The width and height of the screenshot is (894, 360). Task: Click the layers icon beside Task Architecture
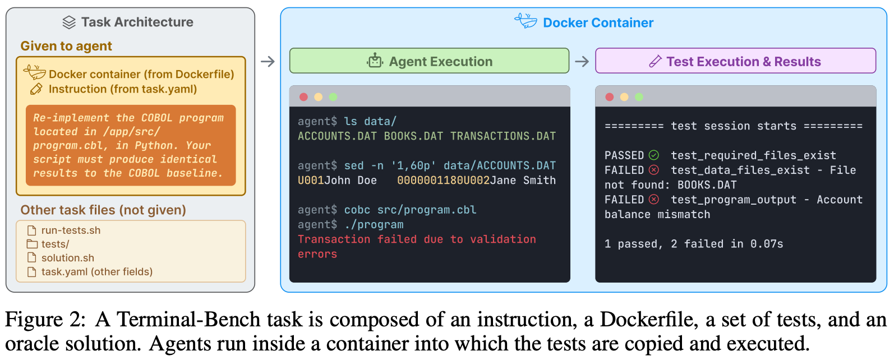69,22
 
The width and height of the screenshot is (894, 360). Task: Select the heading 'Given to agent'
66,46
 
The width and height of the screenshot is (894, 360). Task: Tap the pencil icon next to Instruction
36,89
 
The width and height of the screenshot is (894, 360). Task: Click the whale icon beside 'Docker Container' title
526,21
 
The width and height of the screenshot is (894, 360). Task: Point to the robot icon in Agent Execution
375,61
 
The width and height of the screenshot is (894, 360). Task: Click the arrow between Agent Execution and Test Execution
582,62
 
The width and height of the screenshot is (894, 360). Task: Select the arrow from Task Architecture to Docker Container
268,62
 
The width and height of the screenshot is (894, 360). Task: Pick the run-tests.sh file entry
64,230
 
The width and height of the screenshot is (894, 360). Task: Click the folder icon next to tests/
32,244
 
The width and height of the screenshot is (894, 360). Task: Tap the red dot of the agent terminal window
303,97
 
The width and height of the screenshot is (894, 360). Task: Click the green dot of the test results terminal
639,97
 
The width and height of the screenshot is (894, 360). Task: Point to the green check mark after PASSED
654,155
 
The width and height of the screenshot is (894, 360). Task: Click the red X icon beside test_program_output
654,199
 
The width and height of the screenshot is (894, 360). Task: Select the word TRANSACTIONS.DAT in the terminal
503,136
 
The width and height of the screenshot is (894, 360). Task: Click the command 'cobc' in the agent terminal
357,210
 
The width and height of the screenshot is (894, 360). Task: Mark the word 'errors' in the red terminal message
317,254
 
